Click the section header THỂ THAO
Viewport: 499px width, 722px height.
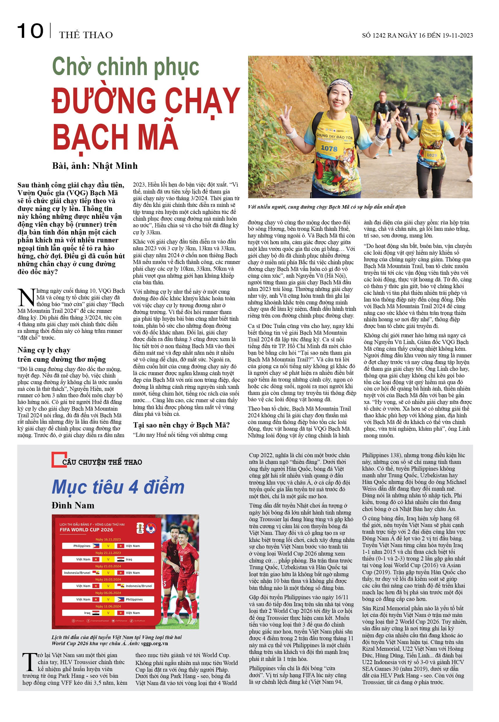coord(86,35)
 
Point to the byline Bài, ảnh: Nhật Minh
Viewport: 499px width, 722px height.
coord(95,166)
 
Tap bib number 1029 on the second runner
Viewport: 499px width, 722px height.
coord(432,155)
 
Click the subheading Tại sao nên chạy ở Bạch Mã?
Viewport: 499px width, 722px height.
coord(181,425)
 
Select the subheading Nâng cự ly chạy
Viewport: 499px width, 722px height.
coord(44,350)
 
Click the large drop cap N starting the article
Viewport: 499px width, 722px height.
coord(26,297)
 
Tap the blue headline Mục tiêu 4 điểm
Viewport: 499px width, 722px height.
coord(118,487)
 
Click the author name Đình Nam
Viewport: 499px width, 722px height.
coord(73,505)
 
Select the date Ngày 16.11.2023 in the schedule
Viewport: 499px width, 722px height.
coord(108,539)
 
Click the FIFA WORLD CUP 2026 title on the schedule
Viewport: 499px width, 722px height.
coord(86,530)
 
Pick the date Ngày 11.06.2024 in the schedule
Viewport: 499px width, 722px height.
coord(108,606)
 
